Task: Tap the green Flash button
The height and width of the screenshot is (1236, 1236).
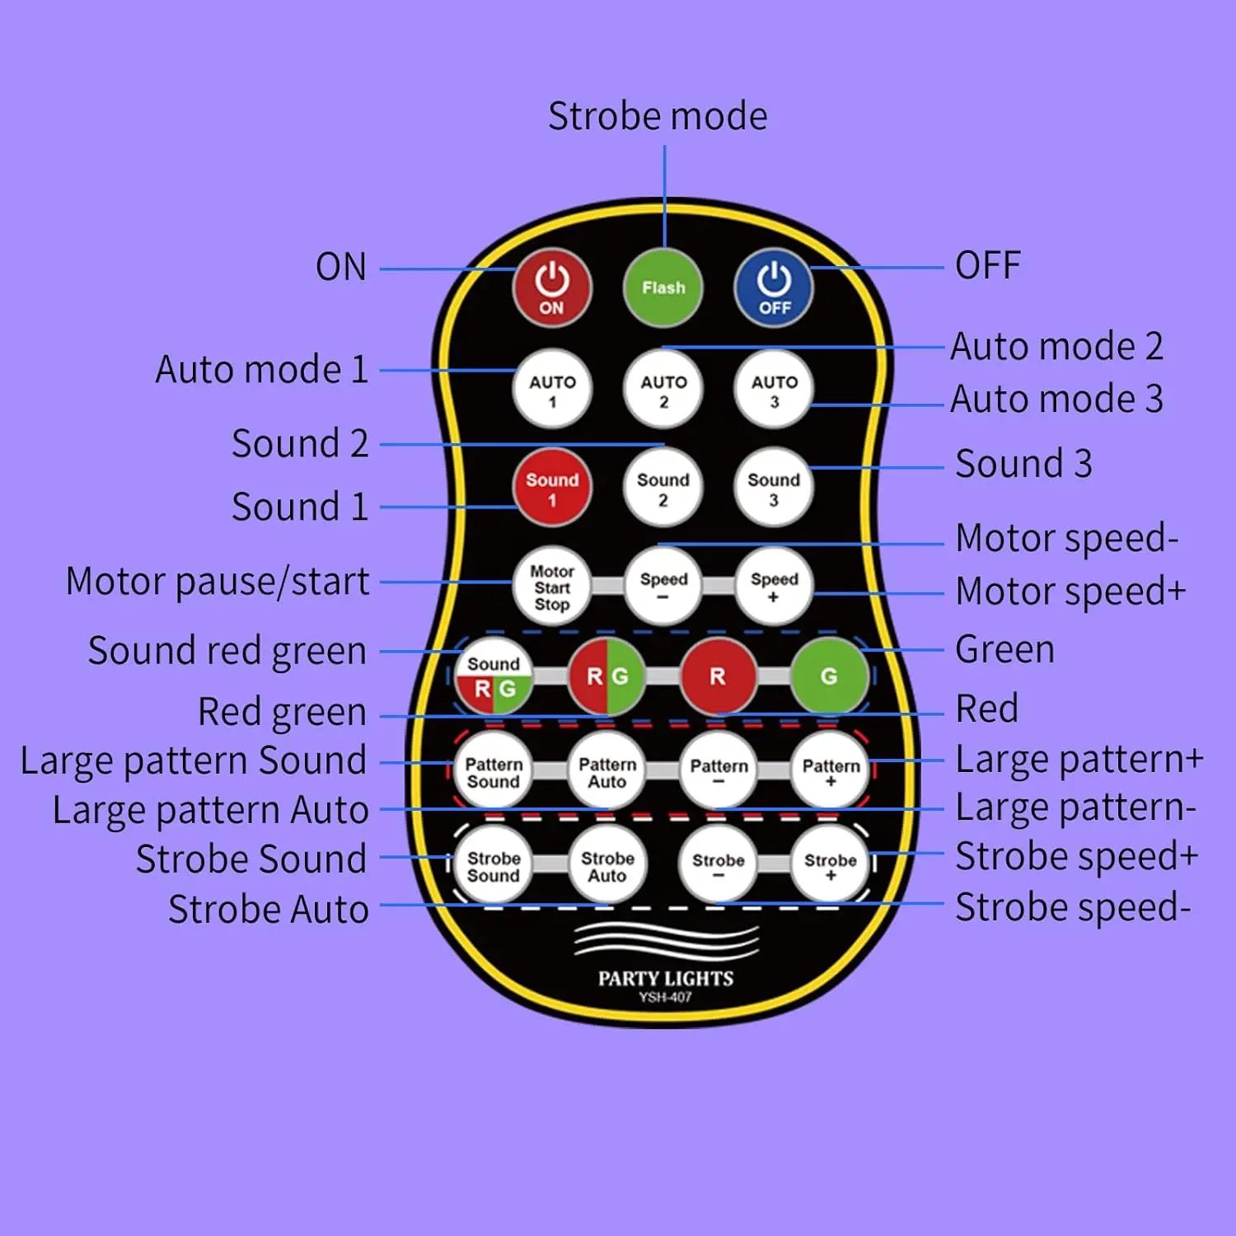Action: [x=663, y=288]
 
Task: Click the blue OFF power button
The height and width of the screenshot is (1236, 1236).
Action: [x=774, y=288]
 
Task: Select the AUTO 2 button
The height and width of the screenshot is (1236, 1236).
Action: [x=663, y=389]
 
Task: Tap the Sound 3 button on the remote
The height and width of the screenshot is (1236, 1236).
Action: [x=774, y=487]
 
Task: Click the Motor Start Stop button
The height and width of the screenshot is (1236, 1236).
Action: [x=552, y=586]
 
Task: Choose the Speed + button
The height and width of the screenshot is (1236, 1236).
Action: [x=774, y=586]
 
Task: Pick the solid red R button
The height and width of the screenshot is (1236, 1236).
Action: [x=718, y=677]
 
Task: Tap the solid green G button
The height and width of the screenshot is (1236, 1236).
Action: [x=829, y=677]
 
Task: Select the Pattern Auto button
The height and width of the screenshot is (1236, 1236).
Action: [x=607, y=771]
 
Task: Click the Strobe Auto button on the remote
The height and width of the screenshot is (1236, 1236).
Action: [x=607, y=865]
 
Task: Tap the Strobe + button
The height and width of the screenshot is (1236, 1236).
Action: [x=830, y=865]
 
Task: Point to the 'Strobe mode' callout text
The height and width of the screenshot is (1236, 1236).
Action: [x=658, y=116]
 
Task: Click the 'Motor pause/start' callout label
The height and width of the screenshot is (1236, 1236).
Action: [x=218, y=582]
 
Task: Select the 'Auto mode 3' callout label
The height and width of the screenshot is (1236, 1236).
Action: [x=1057, y=399]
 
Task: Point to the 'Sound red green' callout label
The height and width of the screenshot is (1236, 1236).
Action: [x=227, y=651]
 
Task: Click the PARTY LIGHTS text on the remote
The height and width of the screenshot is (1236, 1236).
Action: [x=666, y=979]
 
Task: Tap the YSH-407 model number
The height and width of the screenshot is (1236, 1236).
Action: [x=666, y=998]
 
